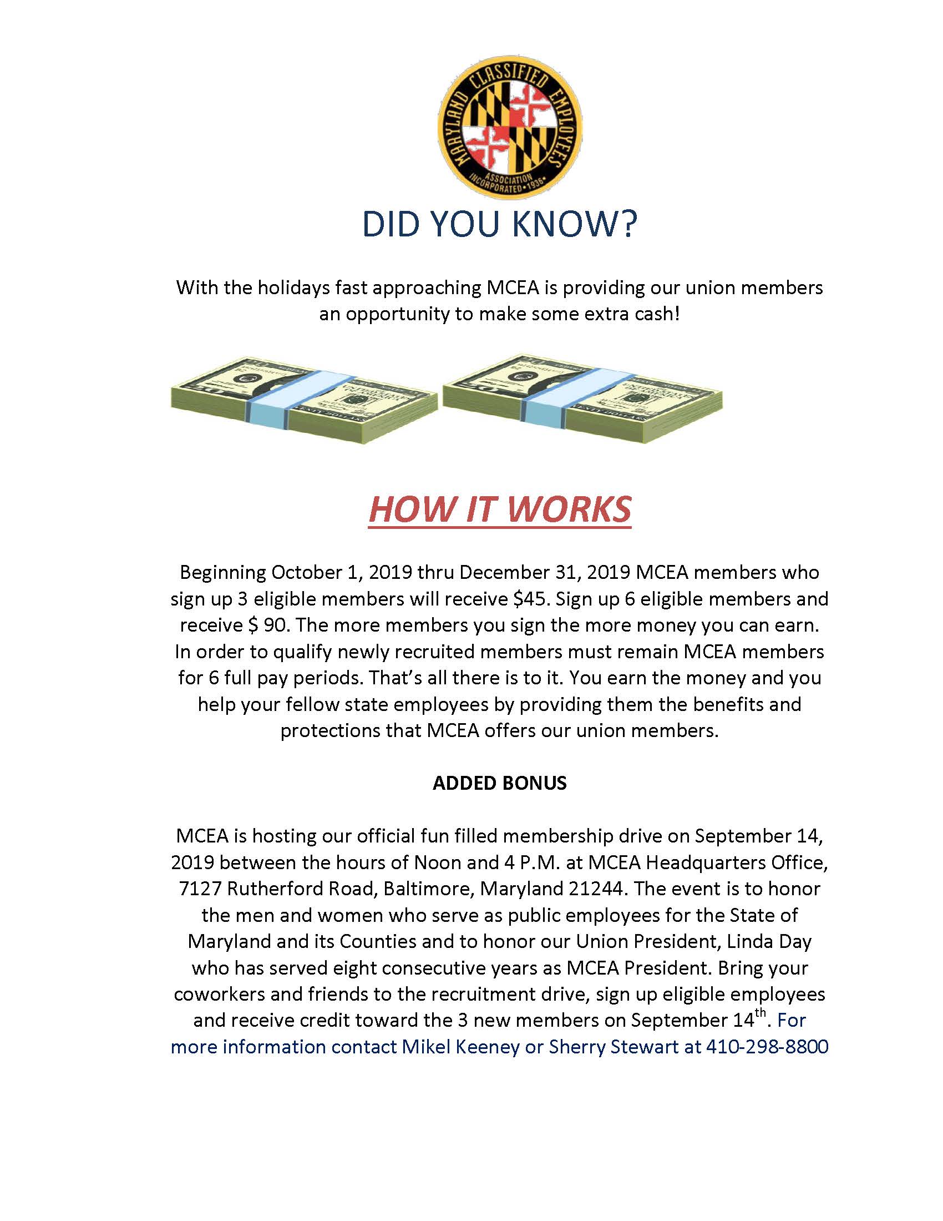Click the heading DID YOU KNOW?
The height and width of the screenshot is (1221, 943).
tap(499, 225)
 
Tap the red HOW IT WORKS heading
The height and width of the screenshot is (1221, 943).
tap(499, 510)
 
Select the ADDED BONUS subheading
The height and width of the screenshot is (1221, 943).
tap(499, 783)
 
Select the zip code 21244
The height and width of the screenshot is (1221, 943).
tap(597, 889)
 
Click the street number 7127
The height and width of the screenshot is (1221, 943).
tap(201, 889)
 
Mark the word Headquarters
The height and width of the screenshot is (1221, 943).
tap(706, 862)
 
